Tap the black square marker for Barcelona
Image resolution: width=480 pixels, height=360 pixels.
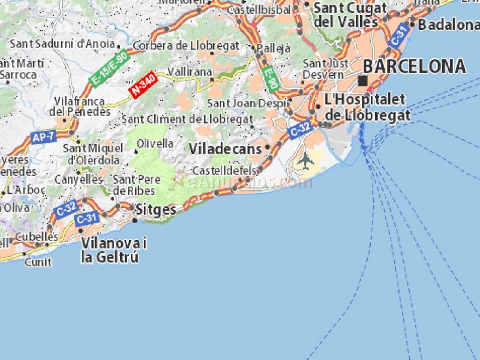click(x=362, y=80)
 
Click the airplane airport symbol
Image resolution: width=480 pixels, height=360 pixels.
click(x=305, y=160)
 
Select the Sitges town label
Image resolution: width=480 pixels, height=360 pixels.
click(x=156, y=210)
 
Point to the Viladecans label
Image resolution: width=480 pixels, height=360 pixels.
click(x=225, y=148)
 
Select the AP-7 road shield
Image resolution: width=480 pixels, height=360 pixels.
click(x=44, y=137)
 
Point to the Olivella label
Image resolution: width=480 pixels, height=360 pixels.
click(x=155, y=143)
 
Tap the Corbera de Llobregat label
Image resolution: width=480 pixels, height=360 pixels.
click(x=186, y=46)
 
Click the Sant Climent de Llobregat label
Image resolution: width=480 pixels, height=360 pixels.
click(x=187, y=119)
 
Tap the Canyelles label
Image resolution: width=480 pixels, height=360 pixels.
click(x=79, y=179)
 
